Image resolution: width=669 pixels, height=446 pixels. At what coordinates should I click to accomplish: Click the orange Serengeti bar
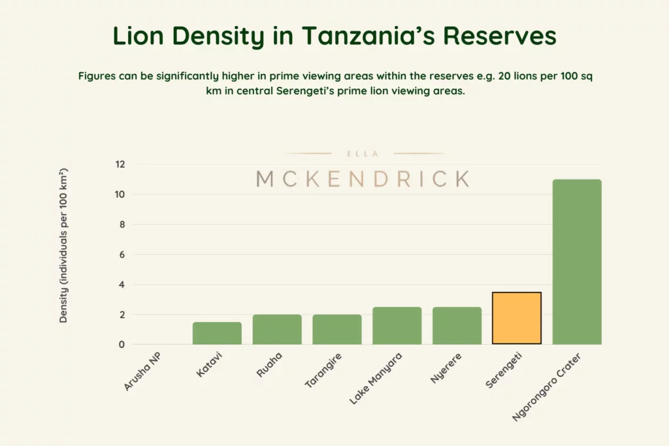[517, 318]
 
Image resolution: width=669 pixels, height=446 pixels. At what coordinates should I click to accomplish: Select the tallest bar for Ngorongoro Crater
[577, 262]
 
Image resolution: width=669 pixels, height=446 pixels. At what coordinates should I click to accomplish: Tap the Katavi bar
[217, 333]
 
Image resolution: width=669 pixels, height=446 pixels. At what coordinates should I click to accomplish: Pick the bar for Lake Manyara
[397, 325]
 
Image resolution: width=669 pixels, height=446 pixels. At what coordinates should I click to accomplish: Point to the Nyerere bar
[457, 325]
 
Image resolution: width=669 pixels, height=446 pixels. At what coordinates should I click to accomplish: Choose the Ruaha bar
[277, 329]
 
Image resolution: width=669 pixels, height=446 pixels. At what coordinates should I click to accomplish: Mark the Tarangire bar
[336, 329]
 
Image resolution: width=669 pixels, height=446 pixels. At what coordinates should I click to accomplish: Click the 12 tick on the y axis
[120, 165]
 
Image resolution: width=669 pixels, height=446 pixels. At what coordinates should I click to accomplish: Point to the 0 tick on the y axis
[122, 345]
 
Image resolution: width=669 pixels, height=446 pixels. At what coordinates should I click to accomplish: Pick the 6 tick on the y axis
[122, 255]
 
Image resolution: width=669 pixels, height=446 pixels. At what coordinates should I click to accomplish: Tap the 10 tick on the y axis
[120, 195]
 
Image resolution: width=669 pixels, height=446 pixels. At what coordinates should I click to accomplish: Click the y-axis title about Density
[64, 246]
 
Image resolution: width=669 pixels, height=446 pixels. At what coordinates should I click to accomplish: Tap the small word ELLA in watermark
[363, 154]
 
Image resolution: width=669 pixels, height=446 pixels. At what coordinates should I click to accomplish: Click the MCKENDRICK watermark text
[363, 178]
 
